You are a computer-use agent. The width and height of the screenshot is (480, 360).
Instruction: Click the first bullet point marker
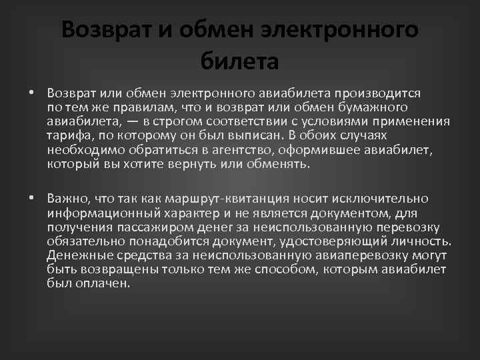(x=31, y=93)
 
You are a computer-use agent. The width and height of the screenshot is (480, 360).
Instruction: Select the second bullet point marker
(x=31, y=198)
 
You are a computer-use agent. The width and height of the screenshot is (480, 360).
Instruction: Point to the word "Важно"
(x=69, y=198)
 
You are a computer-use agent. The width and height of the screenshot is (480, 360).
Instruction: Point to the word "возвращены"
(x=119, y=271)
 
